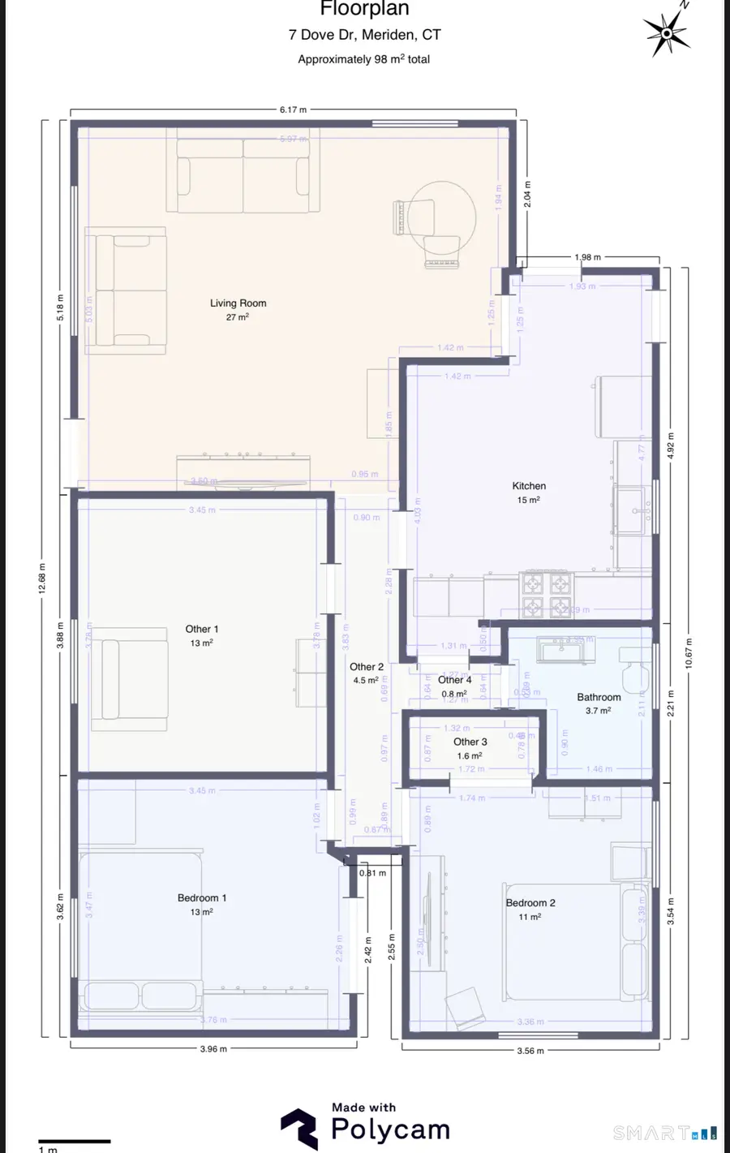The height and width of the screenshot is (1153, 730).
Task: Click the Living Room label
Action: [238, 303]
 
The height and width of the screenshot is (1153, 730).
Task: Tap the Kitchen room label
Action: [529, 485]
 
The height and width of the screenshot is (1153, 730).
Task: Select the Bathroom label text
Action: [599, 697]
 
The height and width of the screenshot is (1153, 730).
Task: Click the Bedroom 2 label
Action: [530, 902]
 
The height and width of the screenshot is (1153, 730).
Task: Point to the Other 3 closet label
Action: [470, 742]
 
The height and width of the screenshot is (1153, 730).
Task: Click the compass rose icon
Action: [667, 33]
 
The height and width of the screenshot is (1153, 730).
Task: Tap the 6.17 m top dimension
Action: [294, 110]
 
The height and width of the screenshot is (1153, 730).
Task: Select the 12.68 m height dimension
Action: [42, 578]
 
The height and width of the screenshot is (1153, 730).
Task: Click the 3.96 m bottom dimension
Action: [213, 1048]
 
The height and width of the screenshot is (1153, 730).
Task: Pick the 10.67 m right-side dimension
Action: [688, 653]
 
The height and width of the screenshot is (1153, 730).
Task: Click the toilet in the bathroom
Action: [637, 669]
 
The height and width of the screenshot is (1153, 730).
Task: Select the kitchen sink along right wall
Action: [630, 510]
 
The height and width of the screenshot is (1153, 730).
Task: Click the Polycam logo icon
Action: [299, 1129]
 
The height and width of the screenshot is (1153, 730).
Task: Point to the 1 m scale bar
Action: [74, 1142]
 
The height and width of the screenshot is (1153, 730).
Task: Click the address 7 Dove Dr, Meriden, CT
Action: [364, 35]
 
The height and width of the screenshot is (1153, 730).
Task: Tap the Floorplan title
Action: [364, 10]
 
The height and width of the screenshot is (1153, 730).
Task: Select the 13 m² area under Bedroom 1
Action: [201, 912]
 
